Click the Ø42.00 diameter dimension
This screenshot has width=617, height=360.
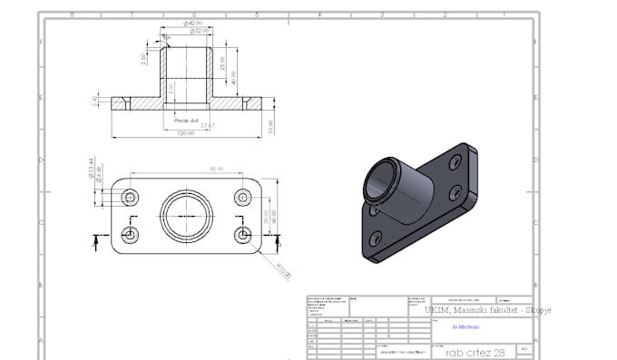[x=191, y=24]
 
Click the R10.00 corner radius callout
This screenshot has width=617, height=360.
[x=284, y=269]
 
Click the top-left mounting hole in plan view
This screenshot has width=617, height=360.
[x=132, y=198]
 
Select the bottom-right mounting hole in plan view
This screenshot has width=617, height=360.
[x=243, y=234]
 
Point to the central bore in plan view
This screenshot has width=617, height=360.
[x=187, y=216]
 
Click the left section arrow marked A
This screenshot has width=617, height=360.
[x=97, y=240]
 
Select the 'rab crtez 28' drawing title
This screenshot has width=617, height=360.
[x=468, y=350]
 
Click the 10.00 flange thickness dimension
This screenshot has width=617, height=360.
[x=269, y=127]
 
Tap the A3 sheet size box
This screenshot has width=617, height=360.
[x=524, y=350]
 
